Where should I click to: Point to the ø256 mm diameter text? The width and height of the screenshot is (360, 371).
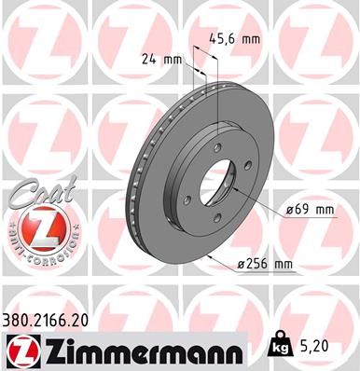click(265, 266)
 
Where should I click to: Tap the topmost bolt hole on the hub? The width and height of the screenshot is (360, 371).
click(216, 144)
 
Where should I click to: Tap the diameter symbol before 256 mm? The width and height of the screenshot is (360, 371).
click(241, 267)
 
